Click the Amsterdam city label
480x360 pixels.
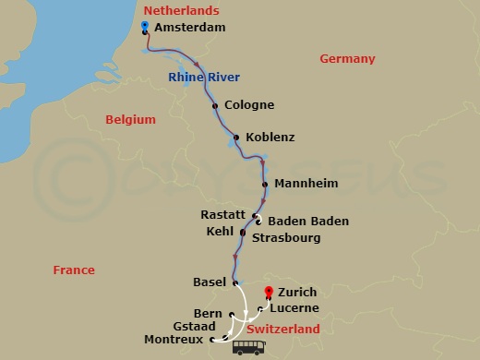(x=190, y=29)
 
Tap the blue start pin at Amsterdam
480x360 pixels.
(x=146, y=27)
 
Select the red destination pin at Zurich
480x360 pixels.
(x=269, y=292)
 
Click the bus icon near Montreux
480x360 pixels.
(x=249, y=347)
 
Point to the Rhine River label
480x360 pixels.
(x=204, y=78)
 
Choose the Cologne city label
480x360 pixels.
(x=249, y=105)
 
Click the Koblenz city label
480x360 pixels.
(x=270, y=138)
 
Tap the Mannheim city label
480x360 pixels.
(x=306, y=184)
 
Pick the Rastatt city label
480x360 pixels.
(x=222, y=214)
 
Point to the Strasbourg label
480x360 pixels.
(x=285, y=237)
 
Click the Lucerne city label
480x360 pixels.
(x=296, y=307)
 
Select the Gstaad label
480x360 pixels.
(x=194, y=327)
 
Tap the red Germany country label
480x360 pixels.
(x=347, y=59)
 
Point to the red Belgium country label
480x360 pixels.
(x=128, y=119)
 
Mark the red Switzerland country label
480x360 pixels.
(x=282, y=329)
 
